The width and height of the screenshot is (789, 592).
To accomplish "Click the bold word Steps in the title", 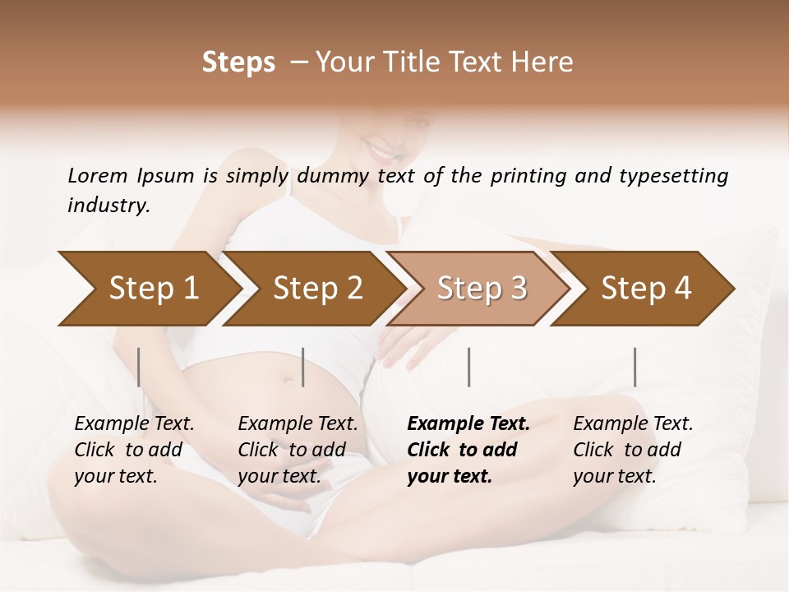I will [238, 62].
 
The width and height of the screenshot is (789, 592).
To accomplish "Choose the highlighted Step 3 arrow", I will [482, 289].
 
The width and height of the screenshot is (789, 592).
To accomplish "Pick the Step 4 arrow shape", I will [646, 289].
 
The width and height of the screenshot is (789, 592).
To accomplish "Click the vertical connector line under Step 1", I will [139, 367].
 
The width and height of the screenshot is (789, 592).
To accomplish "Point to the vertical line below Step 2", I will [303, 367].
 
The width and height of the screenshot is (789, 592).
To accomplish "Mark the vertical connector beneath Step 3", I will [469, 367].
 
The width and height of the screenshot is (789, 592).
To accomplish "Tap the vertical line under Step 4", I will [635, 367].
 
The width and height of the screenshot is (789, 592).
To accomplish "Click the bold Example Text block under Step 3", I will [468, 450].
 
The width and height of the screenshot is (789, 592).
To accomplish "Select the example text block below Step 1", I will [134, 450].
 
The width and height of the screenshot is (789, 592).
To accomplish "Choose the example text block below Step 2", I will [298, 450].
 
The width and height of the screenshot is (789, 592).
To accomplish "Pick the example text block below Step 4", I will [633, 450].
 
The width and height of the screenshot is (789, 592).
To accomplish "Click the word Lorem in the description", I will [98, 176].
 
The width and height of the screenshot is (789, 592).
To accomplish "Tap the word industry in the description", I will [108, 206].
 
